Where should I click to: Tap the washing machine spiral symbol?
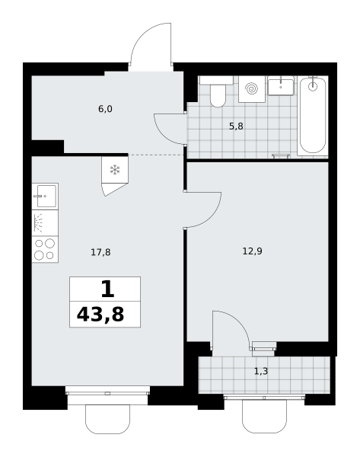[252, 88]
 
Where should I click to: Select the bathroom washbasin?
[281, 85]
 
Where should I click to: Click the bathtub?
[313, 115]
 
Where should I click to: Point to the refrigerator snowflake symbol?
[115, 170]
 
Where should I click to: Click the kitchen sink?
[45, 197]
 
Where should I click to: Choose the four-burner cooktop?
[45, 250]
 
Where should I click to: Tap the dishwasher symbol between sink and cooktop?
[45, 223]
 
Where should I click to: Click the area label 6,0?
[105, 109]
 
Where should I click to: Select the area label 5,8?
[236, 126]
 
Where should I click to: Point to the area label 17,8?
[100, 252]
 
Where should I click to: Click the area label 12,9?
[252, 251]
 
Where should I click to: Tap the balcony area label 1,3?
[261, 372]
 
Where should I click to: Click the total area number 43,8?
[100, 315]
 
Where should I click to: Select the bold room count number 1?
[107, 289]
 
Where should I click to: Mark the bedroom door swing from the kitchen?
[212, 216]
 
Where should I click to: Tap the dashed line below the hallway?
[156, 155]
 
